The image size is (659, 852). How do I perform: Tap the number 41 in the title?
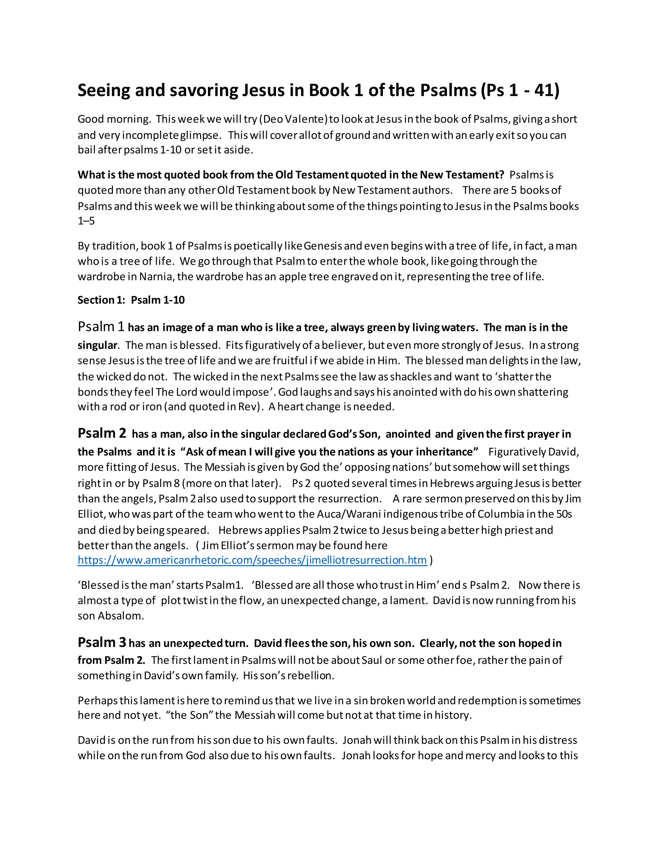pyautogui.click(x=544, y=91)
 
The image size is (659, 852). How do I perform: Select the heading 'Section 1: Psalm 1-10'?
pyautogui.click(x=131, y=300)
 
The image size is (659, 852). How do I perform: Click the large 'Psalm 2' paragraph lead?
pyautogui.click(x=102, y=433)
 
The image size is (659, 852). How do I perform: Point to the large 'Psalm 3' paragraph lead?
pyautogui.click(x=102, y=642)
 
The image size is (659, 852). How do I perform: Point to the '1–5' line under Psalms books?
pyautogui.click(x=86, y=221)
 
